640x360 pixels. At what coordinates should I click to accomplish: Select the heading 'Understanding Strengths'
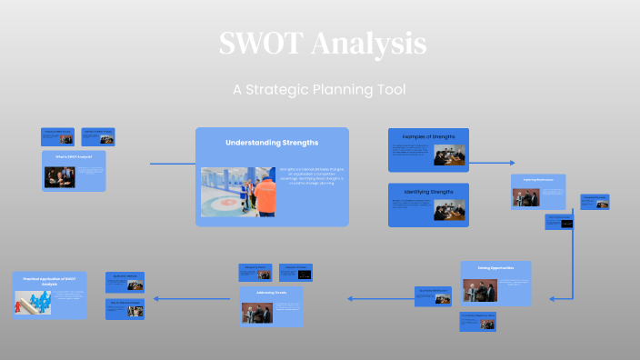pos(272,143)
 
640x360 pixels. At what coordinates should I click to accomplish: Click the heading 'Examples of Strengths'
pos(429,136)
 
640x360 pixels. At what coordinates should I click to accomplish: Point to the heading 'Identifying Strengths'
pos(429,192)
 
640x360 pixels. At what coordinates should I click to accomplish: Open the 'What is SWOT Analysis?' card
pos(74,171)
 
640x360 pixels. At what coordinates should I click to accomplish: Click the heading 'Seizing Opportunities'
pos(495,268)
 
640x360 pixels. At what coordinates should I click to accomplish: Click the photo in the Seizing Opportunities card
pos(481,290)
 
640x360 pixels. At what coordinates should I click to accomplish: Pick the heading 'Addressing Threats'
pos(272,294)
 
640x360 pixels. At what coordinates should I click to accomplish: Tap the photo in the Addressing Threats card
pos(258,312)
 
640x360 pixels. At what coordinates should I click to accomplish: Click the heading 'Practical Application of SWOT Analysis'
pos(50,281)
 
